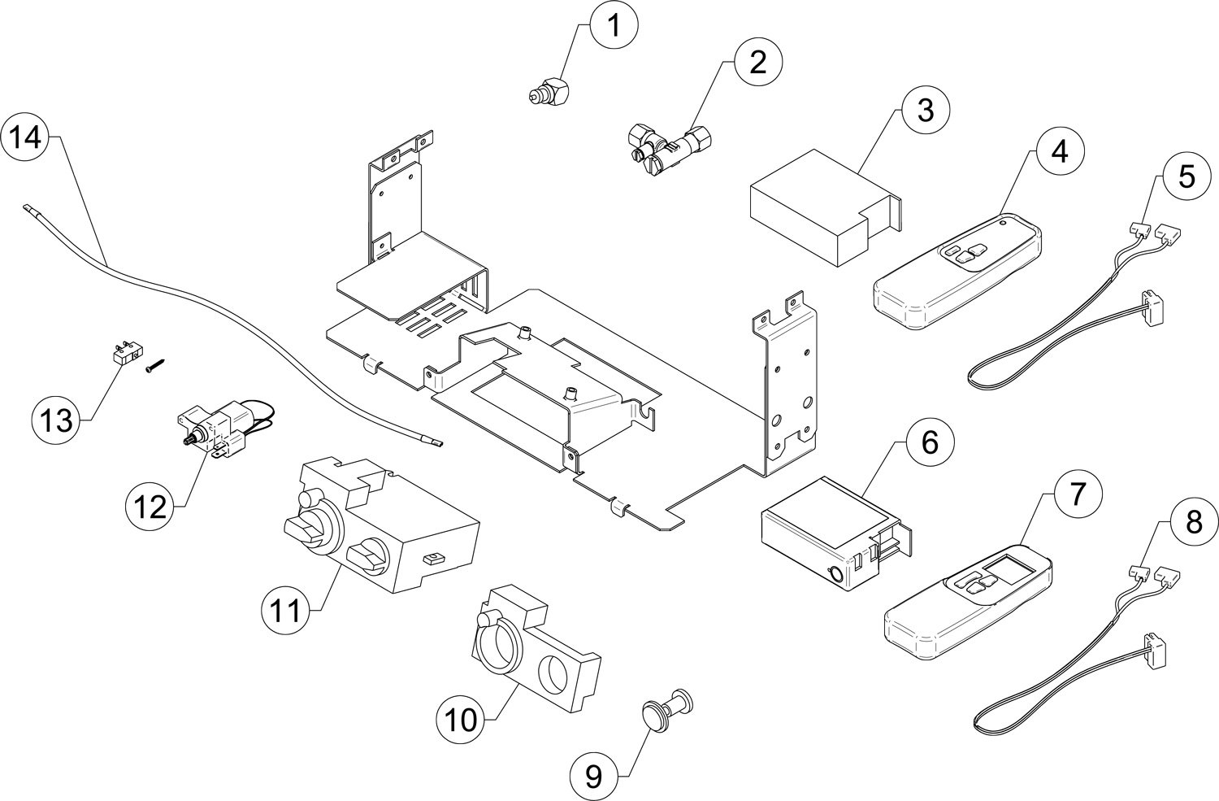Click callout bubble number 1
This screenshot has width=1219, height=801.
tap(614, 25)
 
